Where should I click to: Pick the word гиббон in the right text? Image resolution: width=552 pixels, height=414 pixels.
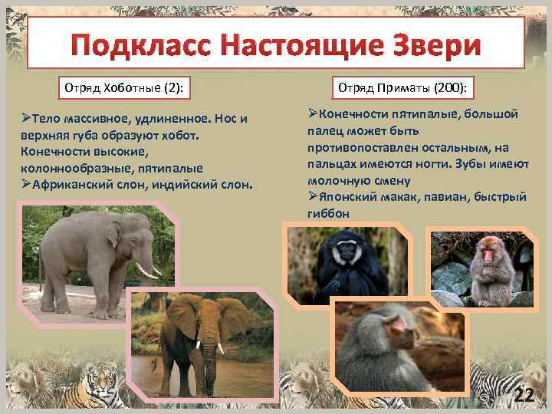(x=329, y=214)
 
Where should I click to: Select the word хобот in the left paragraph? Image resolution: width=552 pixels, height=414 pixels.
(x=178, y=135)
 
